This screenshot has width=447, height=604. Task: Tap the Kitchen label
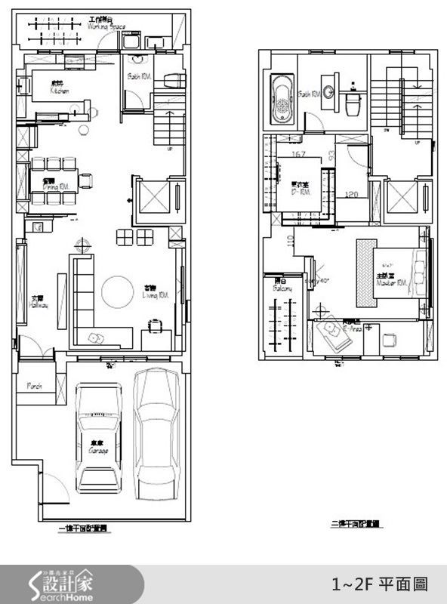coord(59,91)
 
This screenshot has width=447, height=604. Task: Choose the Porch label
coord(35,386)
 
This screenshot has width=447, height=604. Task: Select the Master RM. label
coord(393,282)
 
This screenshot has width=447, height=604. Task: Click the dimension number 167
coord(297,155)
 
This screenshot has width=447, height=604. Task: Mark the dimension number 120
coord(350,194)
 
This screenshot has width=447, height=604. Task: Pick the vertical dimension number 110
coord(290,242)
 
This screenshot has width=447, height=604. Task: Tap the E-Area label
coord(353,329)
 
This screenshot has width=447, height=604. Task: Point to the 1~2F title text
coord(380,584)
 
